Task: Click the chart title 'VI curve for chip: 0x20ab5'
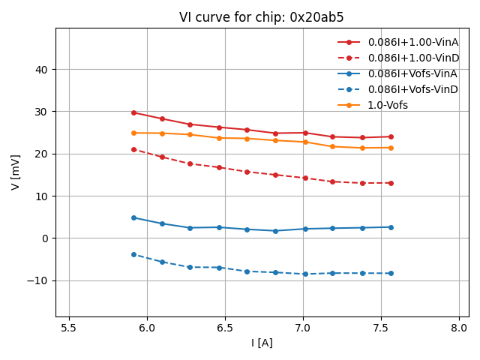click(x=261, y=17)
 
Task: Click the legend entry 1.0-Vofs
click(x=388, y=105)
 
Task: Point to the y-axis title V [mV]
click(x=16, y=172)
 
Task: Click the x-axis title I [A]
click(x=261, y=343)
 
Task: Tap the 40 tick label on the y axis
click(x=41, y=70)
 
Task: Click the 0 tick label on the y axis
click(x=44, y=238)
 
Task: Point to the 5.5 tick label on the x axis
click(x=69, y=328)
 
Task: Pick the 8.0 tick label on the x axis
click(x=459, y=328)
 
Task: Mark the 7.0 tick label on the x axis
click(x=303, y=328)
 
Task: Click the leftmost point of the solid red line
click(x=133, y=112)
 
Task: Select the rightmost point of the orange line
click(x=391, y=148)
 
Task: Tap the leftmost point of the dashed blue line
click(x=133, y=254)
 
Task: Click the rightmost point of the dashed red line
click(x=391, y=183)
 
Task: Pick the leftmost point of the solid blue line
click(x=133, y=217)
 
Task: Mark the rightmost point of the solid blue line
click(x=391, y=227)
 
